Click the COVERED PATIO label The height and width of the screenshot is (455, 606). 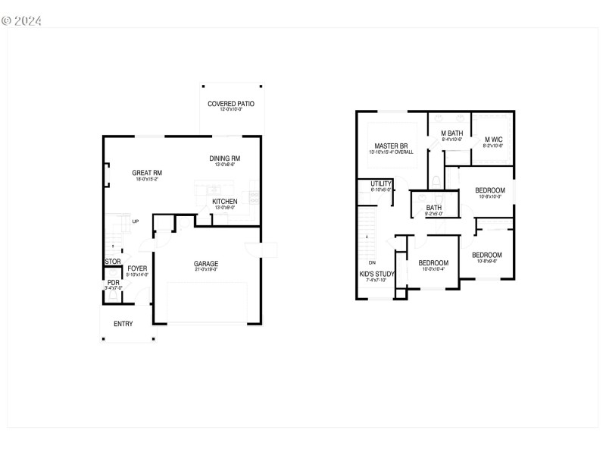coord(231,103)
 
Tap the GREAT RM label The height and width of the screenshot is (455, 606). coord(147,173)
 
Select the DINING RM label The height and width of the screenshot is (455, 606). coord(225,158)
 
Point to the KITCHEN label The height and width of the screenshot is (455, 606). coord(225,201)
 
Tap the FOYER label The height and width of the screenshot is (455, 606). coord(137,268)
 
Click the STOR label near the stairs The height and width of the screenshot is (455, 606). coord(112,262)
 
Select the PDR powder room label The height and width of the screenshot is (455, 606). coord(113,283)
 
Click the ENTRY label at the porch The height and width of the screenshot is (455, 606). coord(123,324)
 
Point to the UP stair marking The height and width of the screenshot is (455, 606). coord(136,221)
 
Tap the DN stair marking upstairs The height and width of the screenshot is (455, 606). coord(372,262)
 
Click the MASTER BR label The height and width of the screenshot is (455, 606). coord(391,146)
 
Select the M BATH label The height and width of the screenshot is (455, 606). coord(452,133)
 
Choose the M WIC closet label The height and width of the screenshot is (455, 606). coord(493,140)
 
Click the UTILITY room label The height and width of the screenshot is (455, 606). coord(381,184)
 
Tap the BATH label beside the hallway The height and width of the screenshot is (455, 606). coord(434,208)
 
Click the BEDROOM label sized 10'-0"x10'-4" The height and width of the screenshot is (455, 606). coord(433,263)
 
